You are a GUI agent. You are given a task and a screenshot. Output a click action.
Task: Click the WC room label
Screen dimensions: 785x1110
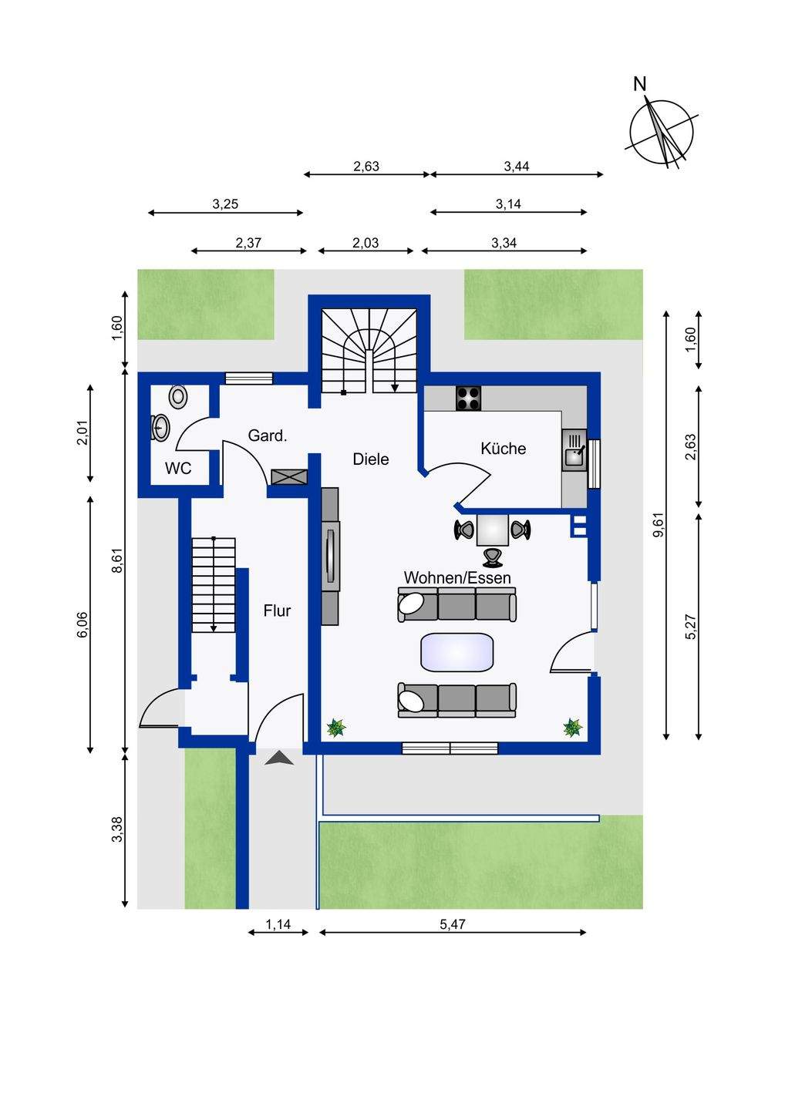[x=178, y=469]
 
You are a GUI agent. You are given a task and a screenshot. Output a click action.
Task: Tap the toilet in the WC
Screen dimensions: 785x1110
[x=179, y=396]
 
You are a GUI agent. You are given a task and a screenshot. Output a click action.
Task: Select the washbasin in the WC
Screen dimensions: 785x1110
[x=160, y=427]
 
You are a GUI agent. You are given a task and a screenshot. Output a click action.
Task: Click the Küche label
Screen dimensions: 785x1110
[x=503, y=449]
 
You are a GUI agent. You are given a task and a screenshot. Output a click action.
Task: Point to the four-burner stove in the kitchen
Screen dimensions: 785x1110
[x=469, y=398]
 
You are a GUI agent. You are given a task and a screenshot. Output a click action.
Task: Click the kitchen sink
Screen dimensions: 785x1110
[x=574, y=454]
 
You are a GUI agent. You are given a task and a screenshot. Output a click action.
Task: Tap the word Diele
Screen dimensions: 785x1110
[x=371, y=459]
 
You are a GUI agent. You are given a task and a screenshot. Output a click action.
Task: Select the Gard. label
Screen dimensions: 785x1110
[x=268, y=436]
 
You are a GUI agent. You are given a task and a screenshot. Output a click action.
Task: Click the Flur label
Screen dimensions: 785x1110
[x=277, y=611]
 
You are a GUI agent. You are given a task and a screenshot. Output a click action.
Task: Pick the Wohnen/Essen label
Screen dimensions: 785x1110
[x=457, y=577]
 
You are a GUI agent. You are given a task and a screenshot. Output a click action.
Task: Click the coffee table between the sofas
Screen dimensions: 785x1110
[x=457, y=652]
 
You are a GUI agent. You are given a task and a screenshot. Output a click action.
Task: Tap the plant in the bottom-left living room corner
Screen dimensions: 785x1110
[x=336, y=728]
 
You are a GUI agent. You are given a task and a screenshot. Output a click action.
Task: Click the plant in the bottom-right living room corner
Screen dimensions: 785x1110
[x=572, y=728]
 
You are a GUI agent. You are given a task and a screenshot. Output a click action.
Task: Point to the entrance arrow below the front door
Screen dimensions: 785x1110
[x=279, y=759]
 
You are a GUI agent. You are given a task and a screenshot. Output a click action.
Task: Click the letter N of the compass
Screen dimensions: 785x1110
[x=639, y=84]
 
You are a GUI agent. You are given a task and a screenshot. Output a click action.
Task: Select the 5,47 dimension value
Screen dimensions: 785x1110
[x=453, y=924]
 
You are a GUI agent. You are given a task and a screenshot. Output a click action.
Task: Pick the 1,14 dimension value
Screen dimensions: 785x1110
[x=278, y=924]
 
